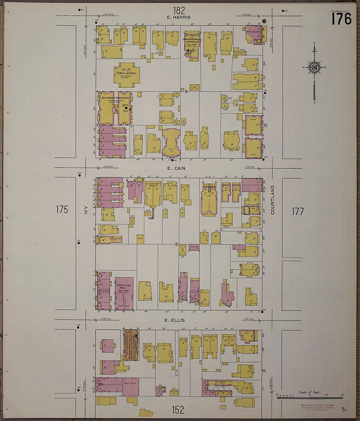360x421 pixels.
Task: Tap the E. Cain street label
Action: click(x=176, y=168)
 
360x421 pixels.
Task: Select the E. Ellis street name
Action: click(x=175, y=320)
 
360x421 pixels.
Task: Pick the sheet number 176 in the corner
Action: click(x=341, y=19)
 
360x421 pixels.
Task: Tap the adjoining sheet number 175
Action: click(x=62, y=210)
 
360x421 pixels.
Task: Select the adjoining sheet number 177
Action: click(x=298, y=212)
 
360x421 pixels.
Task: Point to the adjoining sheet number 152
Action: click(x=178, y=410)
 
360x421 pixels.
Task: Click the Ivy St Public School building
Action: click(x=125, y=75)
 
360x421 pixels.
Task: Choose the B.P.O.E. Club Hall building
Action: click(x=124, y=293)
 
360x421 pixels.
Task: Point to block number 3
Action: click(x=186, y=92)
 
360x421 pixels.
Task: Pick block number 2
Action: click(x=176, y=244)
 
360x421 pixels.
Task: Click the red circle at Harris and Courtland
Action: click(x=264, y=22)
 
